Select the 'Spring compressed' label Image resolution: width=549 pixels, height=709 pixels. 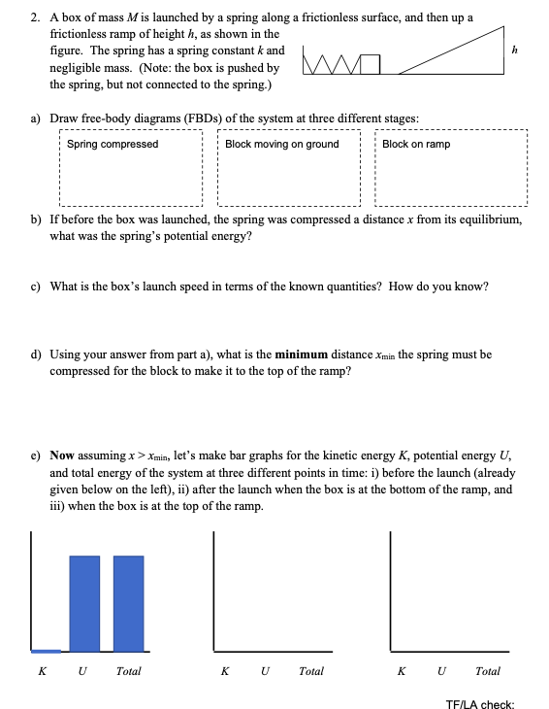point(113,144)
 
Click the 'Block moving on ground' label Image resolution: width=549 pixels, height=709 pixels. point(282,144)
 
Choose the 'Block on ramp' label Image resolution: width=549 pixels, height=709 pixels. point(416,144)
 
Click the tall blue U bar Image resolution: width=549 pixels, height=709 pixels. point(84,602)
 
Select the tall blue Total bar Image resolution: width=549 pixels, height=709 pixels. point(129,602)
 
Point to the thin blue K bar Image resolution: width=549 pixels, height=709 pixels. point(46,651)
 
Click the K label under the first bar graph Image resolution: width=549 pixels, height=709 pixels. point(42,671)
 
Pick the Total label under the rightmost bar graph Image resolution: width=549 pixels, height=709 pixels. point(489,671)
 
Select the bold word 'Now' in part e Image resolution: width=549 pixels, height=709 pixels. point(62,455)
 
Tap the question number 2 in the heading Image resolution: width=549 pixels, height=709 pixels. point(34,17)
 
